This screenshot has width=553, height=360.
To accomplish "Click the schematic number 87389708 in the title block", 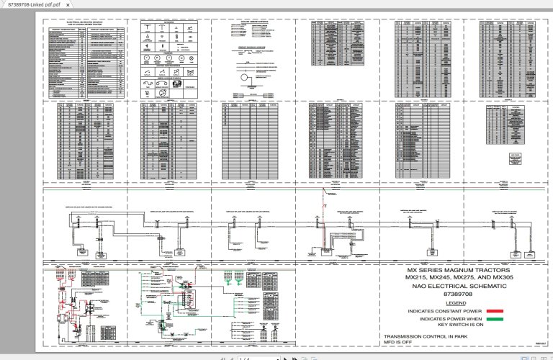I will click(457, 294).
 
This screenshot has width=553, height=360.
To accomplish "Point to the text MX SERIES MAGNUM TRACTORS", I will click(457, 270).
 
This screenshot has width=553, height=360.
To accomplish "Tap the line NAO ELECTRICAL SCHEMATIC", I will click(457, 286).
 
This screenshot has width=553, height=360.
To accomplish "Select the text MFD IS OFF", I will click(400, 343).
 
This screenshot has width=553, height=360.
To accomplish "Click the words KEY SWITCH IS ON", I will click(447, 325).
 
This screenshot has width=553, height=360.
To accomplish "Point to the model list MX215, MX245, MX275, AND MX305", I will click(457, 278).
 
